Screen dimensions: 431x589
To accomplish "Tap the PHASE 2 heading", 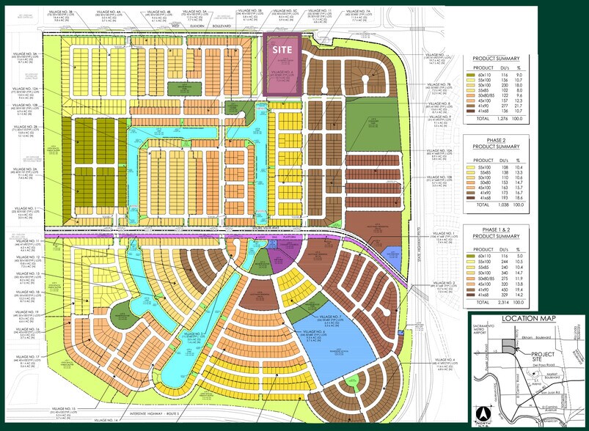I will [500, 145].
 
